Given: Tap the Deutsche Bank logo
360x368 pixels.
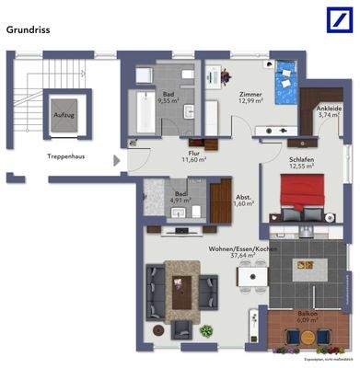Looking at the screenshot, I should tap(333, 22).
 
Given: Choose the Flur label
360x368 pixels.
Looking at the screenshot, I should tap(194, 154).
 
